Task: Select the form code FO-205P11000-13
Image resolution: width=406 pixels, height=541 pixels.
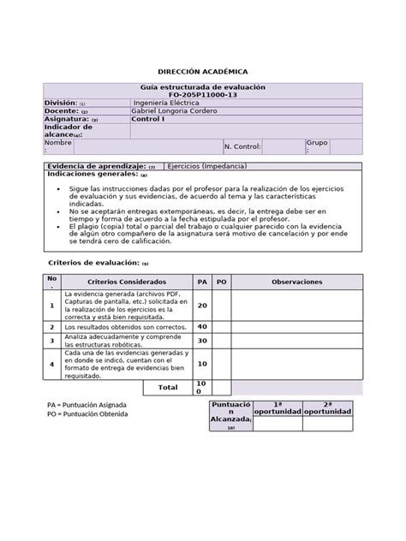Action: click(203, 96)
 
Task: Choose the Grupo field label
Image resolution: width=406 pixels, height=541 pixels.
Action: click(318, 145)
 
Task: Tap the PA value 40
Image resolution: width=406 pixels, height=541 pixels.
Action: click(203, 326)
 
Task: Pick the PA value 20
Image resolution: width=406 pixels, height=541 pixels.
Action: click(203, 305)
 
